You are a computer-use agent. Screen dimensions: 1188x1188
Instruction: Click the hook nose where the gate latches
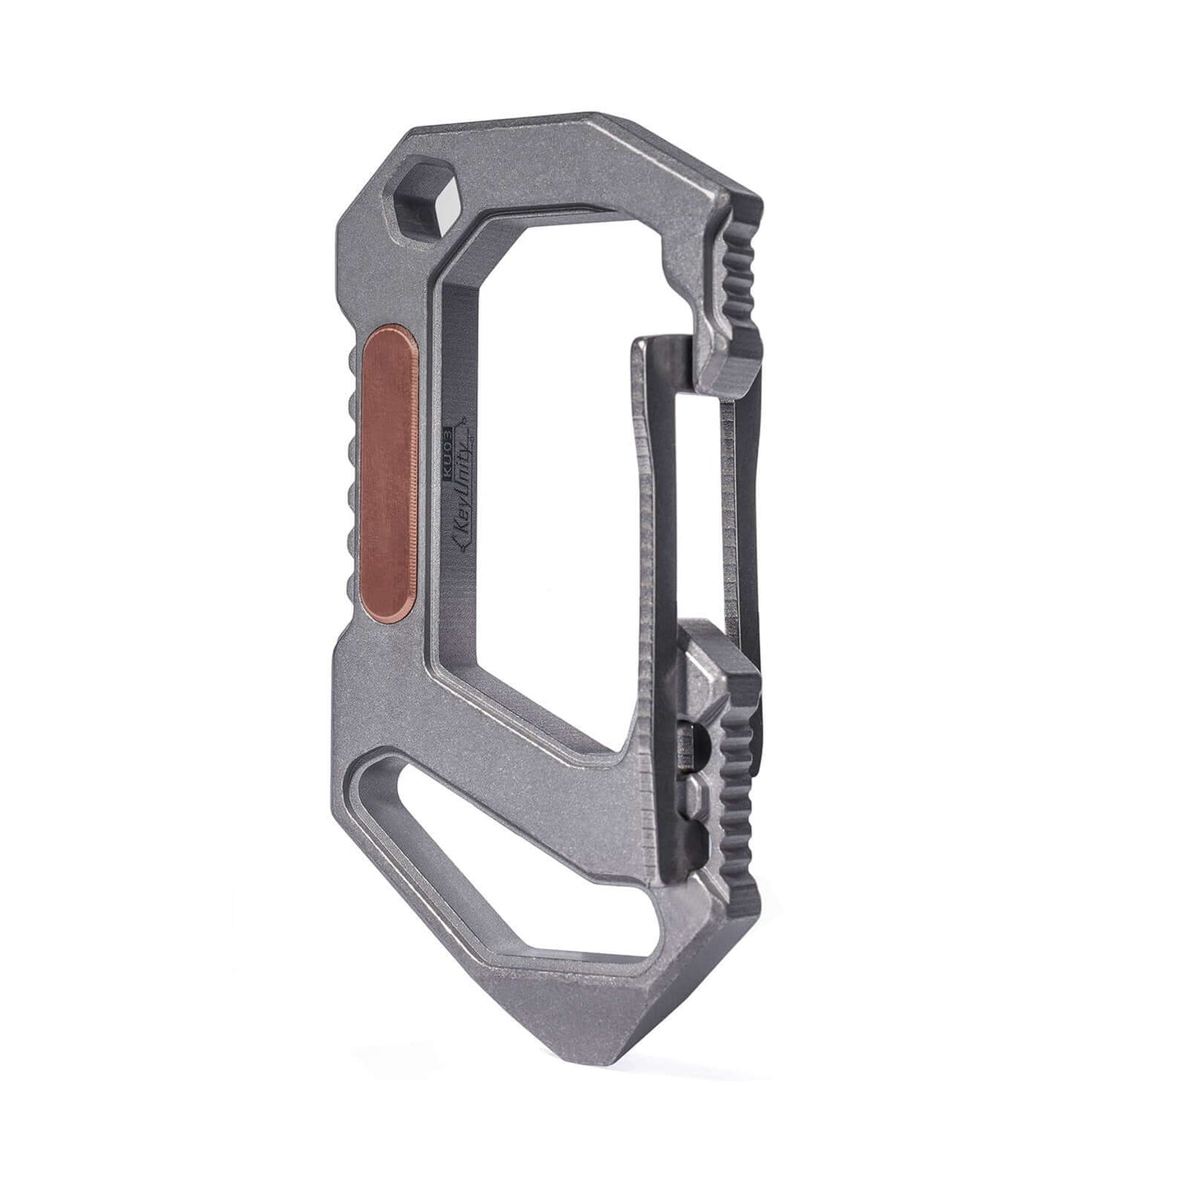[x=723, y=362]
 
